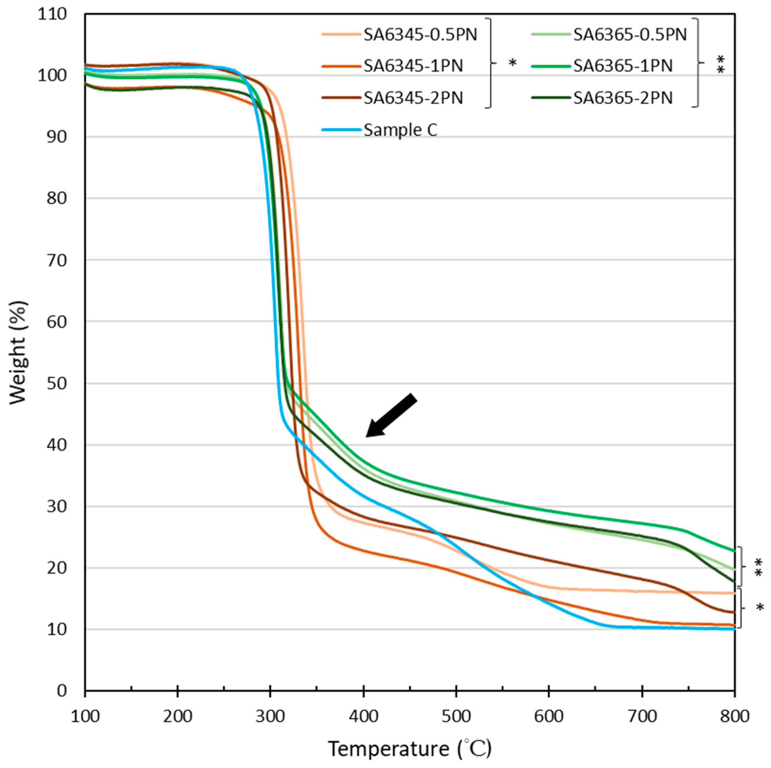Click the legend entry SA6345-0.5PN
420,35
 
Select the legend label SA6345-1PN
413,66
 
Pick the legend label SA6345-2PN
413,98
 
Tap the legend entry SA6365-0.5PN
630,35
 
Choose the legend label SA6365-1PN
623,66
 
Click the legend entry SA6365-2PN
623,98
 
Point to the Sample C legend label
400,130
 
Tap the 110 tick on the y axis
52,14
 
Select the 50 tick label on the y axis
56,383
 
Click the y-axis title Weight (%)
18,353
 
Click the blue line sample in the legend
341,130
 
